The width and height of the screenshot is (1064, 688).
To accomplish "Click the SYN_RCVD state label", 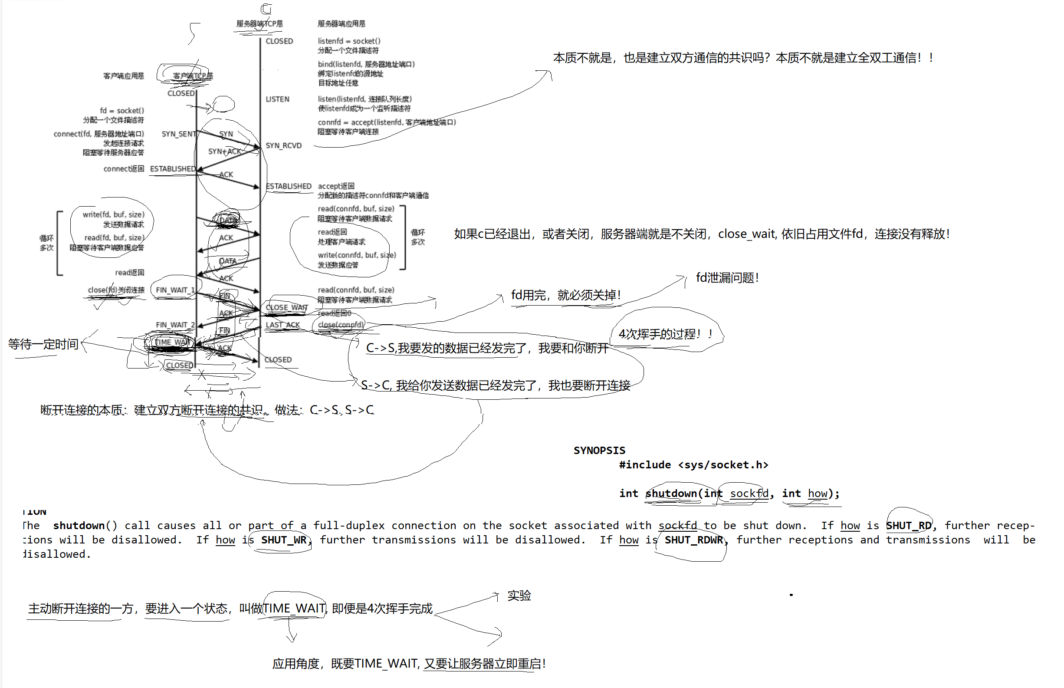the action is (x=283, y=146).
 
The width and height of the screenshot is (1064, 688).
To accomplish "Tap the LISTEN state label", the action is (x=277, y=99).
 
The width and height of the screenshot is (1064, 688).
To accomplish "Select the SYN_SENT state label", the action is (x=179, y=134).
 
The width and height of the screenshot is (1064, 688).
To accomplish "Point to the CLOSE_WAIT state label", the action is (x=287, y=307).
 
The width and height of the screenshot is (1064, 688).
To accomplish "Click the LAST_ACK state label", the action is (x=282, y=325).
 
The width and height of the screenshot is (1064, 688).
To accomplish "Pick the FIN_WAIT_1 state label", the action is (x=175, y=290).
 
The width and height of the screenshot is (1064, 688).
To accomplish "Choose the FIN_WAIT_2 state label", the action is (x=175, y=325).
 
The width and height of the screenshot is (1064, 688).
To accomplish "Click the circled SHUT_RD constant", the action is (x=908, y=526).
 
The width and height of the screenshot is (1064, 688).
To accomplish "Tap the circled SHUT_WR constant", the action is (x=283, y=540).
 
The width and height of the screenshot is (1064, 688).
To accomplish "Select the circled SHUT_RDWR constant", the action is (x=693, y=540).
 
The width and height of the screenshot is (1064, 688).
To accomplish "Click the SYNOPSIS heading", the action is (x=599, y=450).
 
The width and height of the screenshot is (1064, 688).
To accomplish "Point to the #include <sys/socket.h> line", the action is (x=693, y=465).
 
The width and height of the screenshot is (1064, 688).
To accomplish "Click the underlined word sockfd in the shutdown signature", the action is (x=749, y=494).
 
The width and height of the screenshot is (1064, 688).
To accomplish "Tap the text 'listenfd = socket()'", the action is (x=349, y=41).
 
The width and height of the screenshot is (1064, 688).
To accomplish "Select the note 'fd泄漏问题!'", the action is (x=727, y=278).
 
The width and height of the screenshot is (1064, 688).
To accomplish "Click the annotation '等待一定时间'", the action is (x=43, y=344).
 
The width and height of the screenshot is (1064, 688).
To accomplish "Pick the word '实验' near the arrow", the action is (x=519, y=596).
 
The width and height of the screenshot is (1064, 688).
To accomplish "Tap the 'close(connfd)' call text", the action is (x=341, y=325).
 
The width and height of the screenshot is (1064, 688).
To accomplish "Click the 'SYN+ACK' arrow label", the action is (x=225, y=151).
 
